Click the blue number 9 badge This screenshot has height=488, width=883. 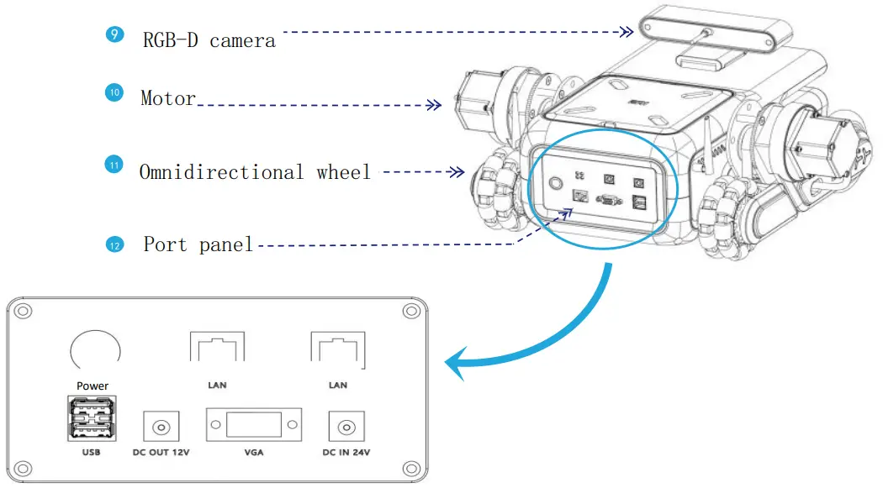[x=114, y=35]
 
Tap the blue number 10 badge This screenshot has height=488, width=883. [x=114, y=92]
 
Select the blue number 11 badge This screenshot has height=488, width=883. [x=113, y=165]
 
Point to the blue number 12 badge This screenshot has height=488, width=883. [x=114, y=244]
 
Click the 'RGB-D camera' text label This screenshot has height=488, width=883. [x=209, y=39]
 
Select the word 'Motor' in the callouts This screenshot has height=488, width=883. [x=168, y=98]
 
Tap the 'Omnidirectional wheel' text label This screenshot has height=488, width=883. [x=255, y=172]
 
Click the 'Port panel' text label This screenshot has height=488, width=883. [x=198, y=245]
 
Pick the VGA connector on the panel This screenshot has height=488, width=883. [x=253, y=426]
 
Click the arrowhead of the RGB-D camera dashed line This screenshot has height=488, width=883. [x=627, y=32]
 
